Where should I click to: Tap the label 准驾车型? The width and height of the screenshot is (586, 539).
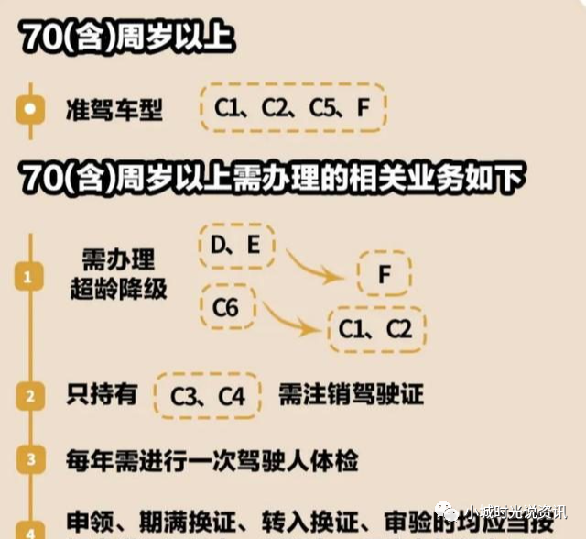click(115, 111)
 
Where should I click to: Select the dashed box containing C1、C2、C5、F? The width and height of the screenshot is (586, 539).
click(292, 108)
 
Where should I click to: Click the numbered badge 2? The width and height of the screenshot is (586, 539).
click(31, 396)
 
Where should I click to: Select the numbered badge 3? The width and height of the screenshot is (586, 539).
click(31, 460)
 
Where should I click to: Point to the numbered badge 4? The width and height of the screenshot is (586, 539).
click(31, 530)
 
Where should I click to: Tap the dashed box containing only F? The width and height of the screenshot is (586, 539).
click(384, 274)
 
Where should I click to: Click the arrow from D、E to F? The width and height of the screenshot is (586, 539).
click(317, 267)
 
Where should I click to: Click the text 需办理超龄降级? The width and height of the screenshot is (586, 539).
click(119, 273)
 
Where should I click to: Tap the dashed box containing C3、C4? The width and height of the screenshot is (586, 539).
click(209, 396)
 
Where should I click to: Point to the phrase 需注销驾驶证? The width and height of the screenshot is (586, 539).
click(352, 395)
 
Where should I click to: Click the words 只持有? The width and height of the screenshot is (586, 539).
click(102, 395)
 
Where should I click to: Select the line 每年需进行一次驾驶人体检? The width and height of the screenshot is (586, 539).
click(212, 459)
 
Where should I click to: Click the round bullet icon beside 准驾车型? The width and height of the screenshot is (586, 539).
click(31, 110)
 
